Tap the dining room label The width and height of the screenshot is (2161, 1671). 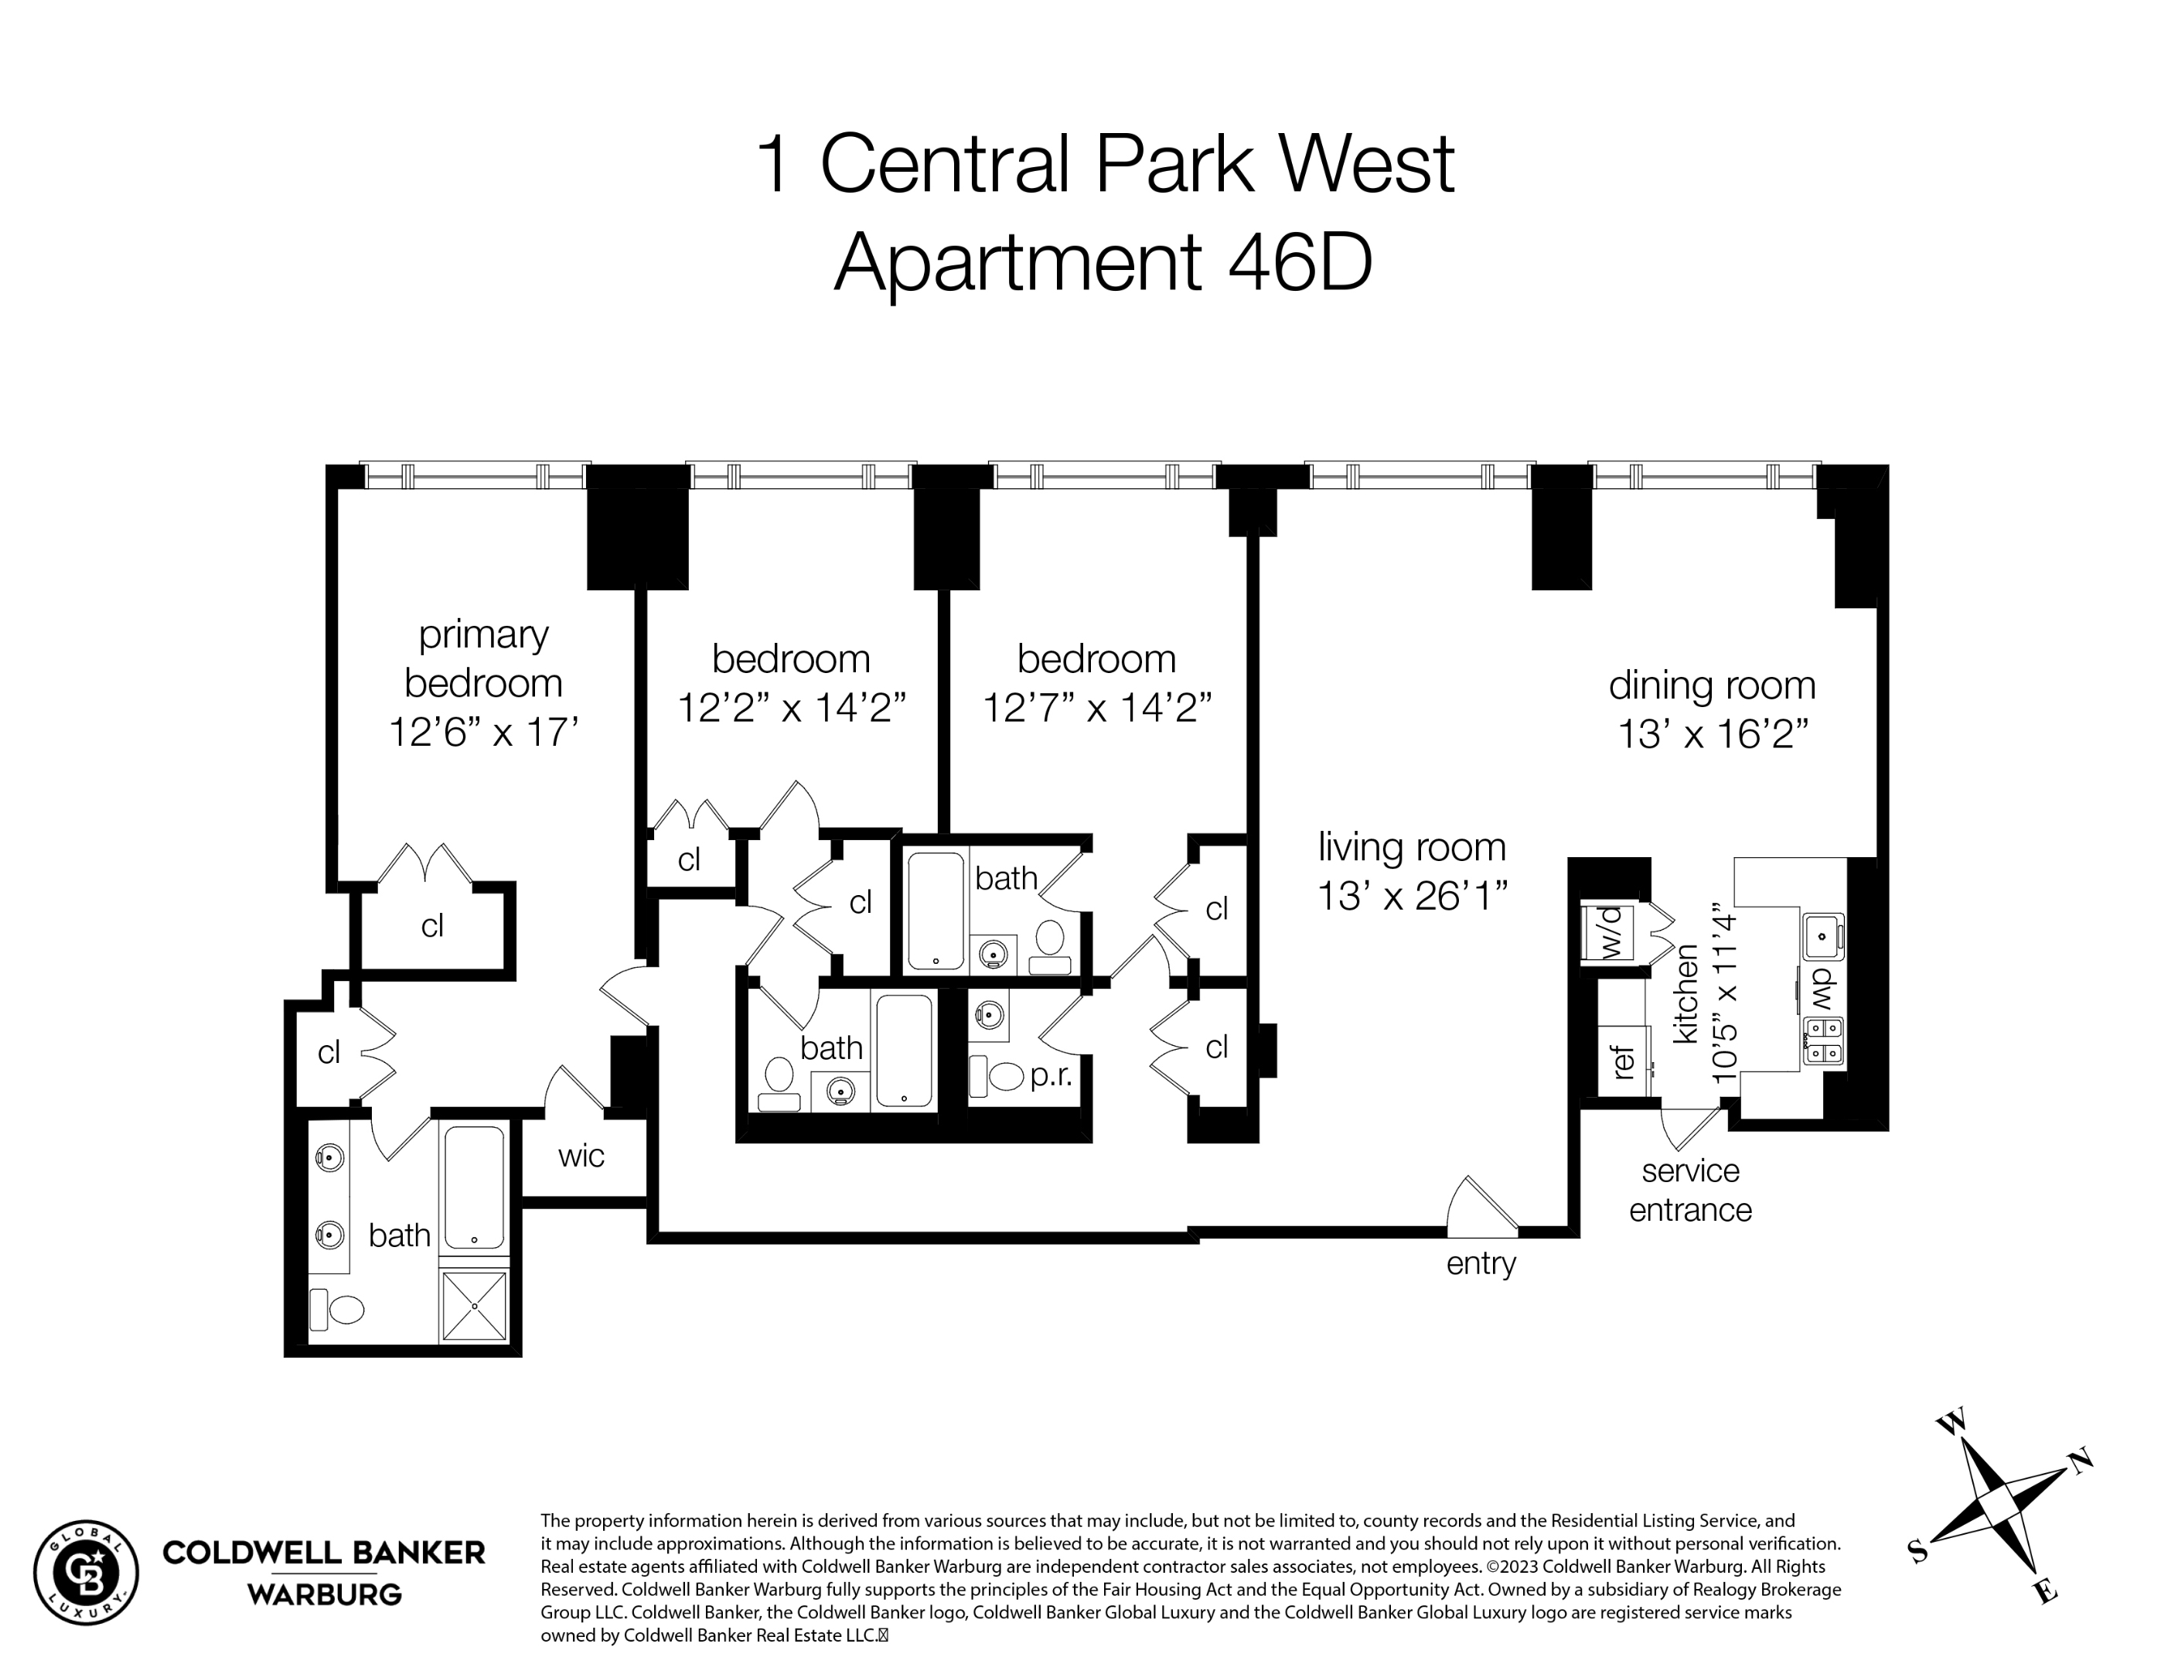tap(1712, 685)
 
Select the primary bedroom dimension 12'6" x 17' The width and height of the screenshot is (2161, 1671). tap(483, 733)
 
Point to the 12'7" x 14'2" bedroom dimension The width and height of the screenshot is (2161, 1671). tap(1096, 708)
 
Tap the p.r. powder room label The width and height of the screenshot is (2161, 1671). tap(1051, 1075)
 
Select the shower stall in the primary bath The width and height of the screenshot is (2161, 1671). tap(475, 1306)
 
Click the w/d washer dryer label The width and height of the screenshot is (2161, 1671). tap(1613, 931)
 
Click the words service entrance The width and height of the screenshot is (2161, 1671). tap(1690, 1190)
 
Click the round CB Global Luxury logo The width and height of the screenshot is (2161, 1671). tap(86, 1572)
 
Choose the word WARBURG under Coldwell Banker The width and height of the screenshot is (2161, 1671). tap(323, 1594)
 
